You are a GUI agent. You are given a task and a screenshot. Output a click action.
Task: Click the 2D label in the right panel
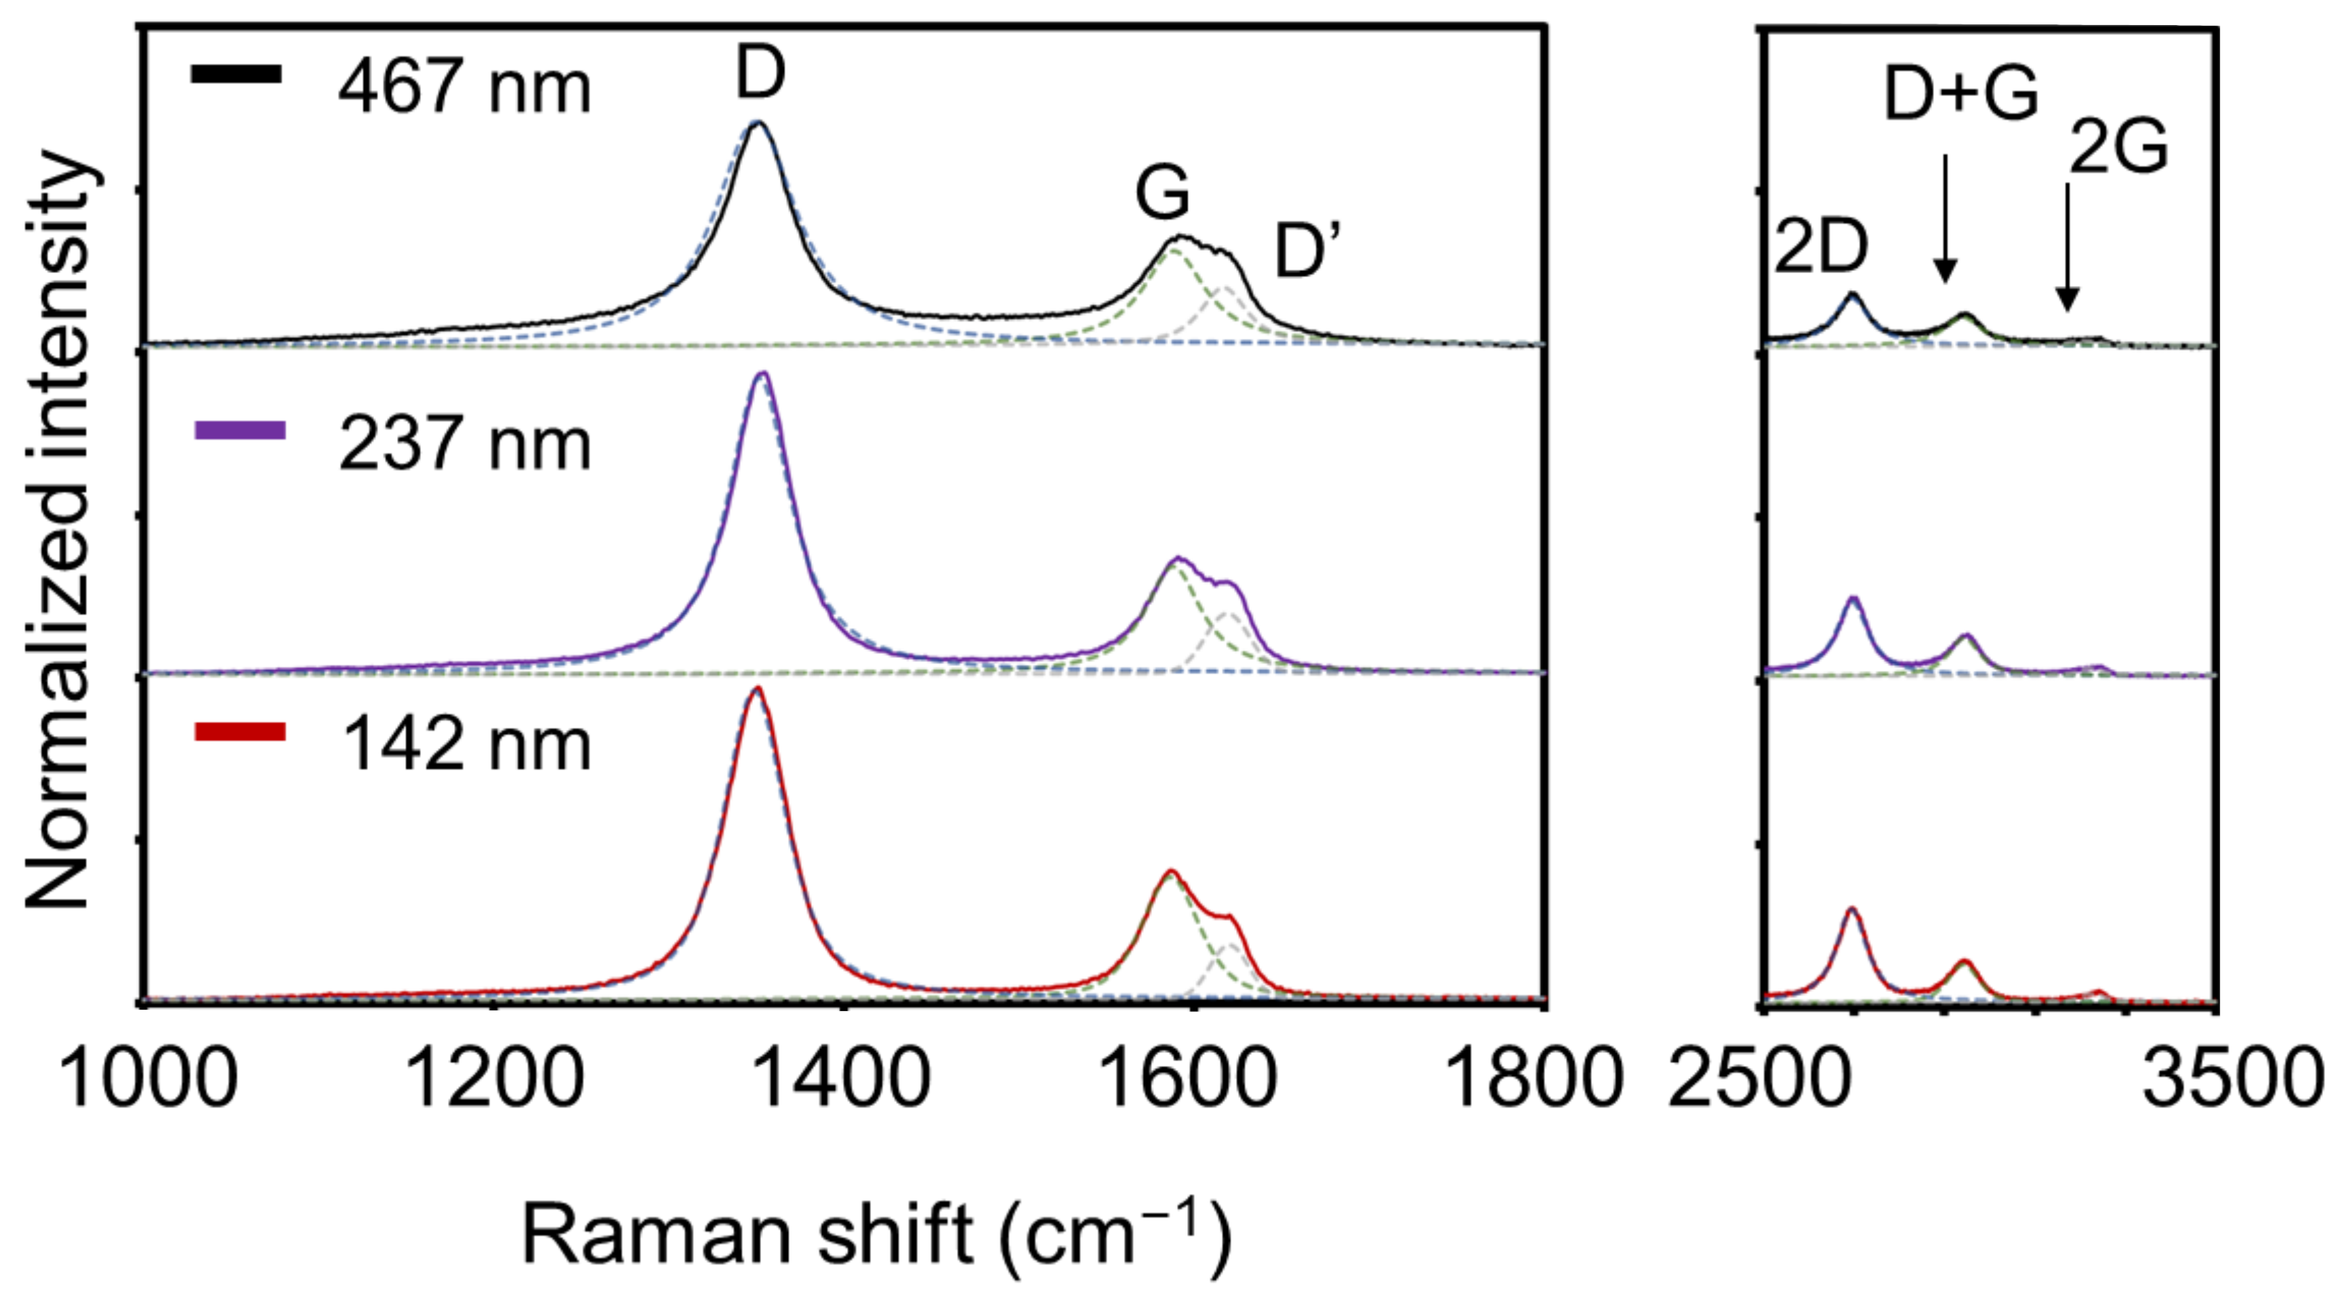[x=1820, y=247]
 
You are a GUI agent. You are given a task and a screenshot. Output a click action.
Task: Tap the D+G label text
[x=1961, y=94]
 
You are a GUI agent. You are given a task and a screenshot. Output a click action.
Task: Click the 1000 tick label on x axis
[x=147, y=1079]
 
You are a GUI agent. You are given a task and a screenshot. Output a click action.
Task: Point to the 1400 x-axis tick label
[x=840, y=1079]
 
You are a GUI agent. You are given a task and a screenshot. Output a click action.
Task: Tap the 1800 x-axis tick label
[x=1533, y=1079]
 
